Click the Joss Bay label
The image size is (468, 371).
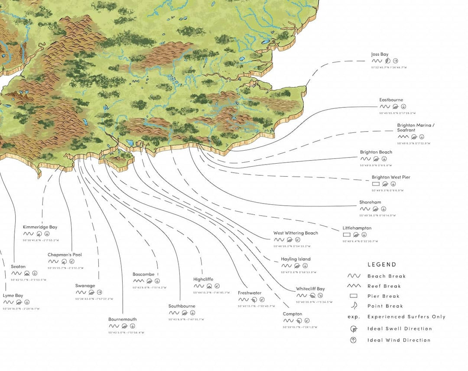[x=380, y=54]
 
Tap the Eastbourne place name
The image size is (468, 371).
[x=391, y=100]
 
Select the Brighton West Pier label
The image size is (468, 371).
[x=390, y=177]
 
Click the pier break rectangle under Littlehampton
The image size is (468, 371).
[x=347, y=235]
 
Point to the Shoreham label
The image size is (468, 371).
[x=370, y=202]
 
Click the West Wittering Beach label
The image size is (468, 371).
[x=295, y=233]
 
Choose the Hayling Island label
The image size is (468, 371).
[x=296, y=259]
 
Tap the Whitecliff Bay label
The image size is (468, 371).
[x=310, y=289]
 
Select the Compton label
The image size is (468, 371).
[x=292, y=314]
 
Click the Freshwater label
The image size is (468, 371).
[x=249, y=293]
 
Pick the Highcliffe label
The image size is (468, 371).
[x=203, y=279]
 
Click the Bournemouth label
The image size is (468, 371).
[x=122, y=319]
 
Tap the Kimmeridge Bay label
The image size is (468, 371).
[x=40, y=227]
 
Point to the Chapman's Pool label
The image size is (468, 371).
[x=65, y=255]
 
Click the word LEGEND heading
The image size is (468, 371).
[x=381, y=265]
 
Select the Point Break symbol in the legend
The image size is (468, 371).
[x=353, y=306]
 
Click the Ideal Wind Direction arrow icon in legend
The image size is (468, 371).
[x=353, y=340]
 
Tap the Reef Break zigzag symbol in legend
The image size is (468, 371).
[x=354, y=286]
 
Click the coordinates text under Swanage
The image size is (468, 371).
[x=94, y=299]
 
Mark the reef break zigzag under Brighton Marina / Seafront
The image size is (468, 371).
[x=403, y=137]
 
